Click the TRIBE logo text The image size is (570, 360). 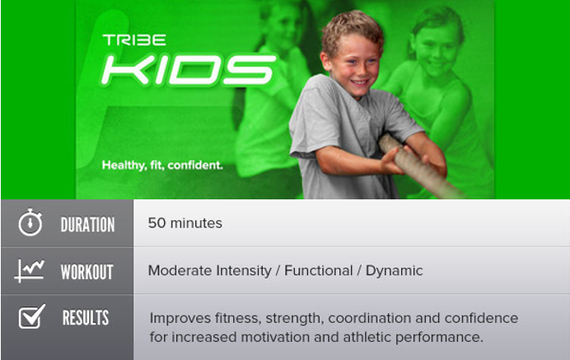(134, 40)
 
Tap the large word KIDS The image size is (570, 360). (189, 70)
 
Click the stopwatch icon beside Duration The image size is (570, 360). (30, 222)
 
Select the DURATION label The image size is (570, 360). (87, 224)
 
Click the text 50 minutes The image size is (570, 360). (185, 223)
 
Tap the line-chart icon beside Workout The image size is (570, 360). (30, 271)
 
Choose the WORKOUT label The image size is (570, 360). (86, 272)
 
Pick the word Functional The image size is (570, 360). (319, 270)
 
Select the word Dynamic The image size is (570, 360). (394, 271)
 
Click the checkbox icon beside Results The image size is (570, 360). (31, 316)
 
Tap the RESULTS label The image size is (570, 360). (86, 318)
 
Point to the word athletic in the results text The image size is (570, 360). (367, 337)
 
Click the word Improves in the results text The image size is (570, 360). (180, 319)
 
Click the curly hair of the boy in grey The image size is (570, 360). (352, 29)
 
